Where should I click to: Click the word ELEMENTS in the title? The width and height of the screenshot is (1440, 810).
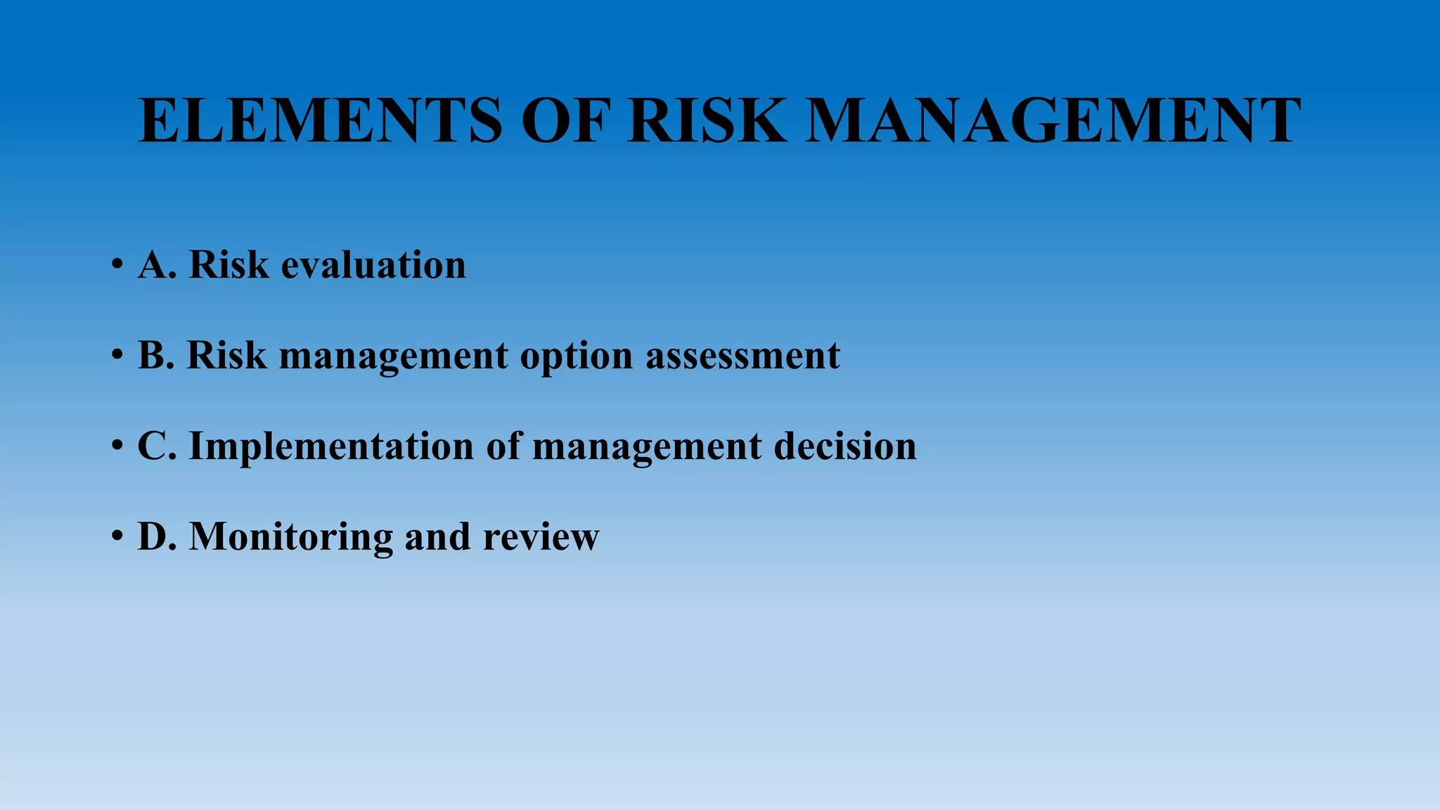click(321, 121)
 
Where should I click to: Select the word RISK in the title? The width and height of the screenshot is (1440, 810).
click(707, 121)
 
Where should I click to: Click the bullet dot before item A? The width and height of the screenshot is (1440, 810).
click(117, 266)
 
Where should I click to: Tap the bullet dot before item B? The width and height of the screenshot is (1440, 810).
click(117, 356)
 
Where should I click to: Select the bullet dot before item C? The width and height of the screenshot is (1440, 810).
click(117, 447)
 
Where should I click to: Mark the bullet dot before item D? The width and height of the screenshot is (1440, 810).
click(117, 538)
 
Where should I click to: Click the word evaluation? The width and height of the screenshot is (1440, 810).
click(373, 265)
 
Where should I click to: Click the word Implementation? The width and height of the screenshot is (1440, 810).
click(331, 446)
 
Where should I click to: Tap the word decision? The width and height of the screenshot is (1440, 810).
click(845, 446)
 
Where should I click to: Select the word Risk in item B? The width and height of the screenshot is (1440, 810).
click(226, 355)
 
